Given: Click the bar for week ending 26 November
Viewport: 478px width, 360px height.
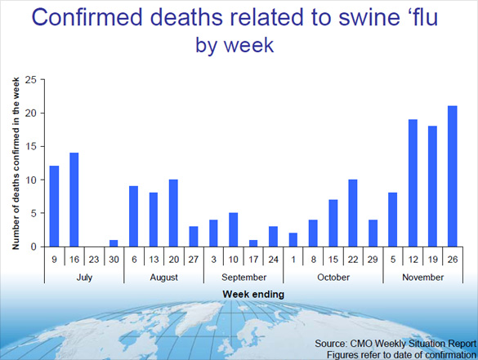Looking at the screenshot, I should [453, 176].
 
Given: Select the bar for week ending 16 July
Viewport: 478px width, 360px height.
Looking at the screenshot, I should [74, 200].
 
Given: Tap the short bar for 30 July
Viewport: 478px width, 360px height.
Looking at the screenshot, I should [114, 243].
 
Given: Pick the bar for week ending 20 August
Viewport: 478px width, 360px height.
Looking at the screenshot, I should [173, 213].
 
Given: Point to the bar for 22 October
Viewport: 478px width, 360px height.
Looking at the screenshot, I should [353, 213].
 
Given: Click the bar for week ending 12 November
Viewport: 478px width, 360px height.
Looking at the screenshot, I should [413, 183].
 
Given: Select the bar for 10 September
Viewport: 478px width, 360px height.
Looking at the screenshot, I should [233, 229].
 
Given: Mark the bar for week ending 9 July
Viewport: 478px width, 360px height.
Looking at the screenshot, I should [54, 207].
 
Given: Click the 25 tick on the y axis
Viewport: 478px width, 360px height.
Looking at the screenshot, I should [31, 80].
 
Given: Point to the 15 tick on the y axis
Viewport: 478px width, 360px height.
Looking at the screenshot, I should [31, 147].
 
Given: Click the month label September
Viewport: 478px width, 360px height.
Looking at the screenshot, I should [243, 278].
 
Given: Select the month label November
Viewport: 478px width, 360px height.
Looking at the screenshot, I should [422, 278].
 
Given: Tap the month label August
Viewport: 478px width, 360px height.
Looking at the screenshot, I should [163, 278].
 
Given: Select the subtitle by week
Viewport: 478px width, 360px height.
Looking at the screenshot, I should [235, 45].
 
